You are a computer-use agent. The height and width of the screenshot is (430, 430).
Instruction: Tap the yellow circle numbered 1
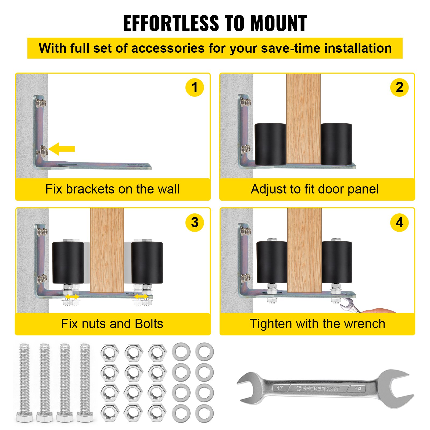pos(195,87)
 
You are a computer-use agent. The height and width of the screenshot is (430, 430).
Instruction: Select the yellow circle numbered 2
pos(399,87)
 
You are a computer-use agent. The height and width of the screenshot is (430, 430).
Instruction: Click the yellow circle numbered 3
pos(195,222)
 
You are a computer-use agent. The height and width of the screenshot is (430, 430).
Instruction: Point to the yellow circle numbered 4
pos(399,222)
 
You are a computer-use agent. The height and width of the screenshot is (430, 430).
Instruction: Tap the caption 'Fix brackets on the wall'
pos(112,189)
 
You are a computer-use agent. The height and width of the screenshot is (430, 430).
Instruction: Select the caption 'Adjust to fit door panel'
pos(314,189)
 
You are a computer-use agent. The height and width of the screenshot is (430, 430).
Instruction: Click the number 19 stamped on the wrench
pos(357,389)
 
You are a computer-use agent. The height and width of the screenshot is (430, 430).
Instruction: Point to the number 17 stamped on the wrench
pos(280,388)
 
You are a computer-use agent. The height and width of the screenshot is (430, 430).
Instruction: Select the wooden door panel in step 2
pos(303,118)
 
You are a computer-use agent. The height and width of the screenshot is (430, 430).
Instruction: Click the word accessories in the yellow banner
pos(168,48)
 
